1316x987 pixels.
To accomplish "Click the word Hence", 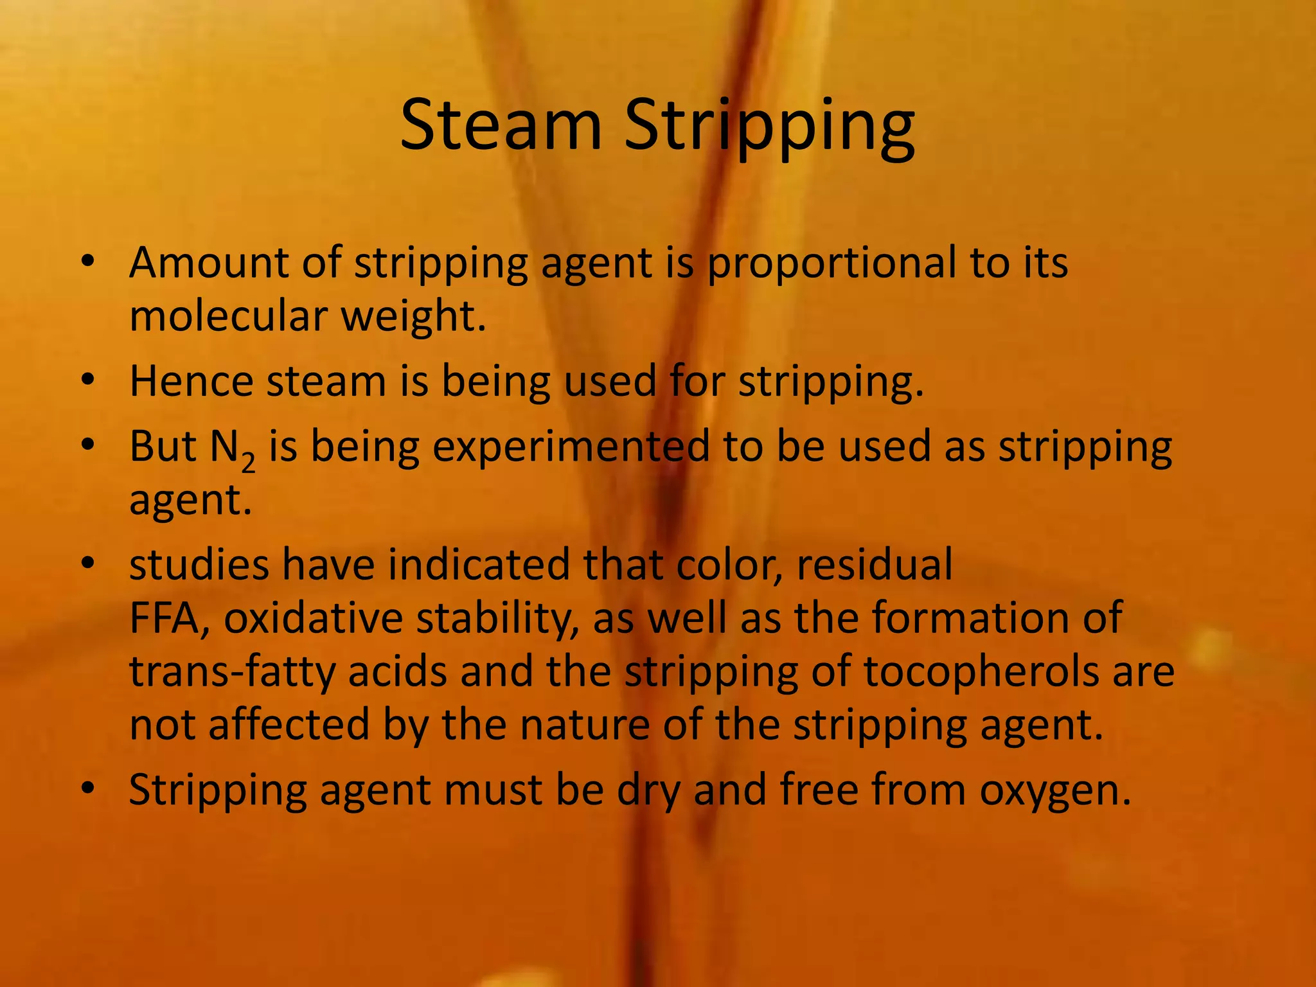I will (191, 381).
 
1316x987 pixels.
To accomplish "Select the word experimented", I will (571, 448).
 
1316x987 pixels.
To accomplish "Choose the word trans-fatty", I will (232, 671).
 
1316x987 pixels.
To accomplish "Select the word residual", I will (875, 565).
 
